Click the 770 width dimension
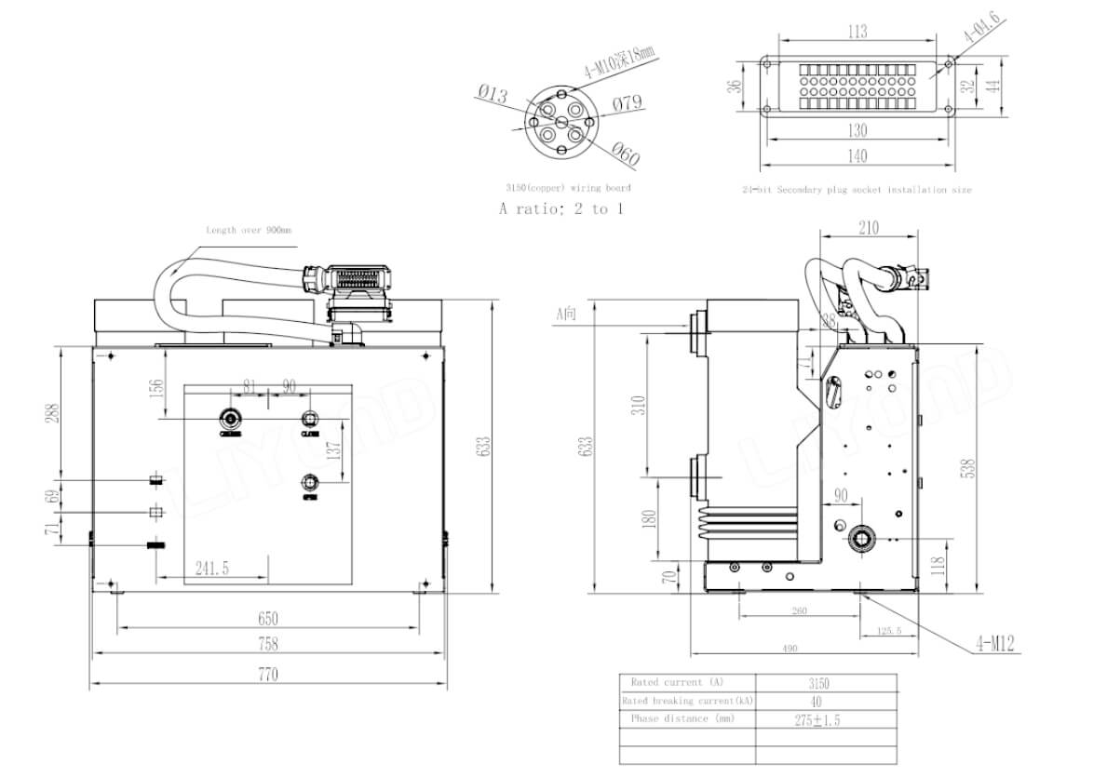[267, 675]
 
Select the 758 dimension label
[267, 644]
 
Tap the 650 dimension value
[267, 618]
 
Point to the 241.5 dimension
[213, 569]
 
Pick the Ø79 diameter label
[628, 102]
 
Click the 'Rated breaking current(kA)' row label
[687, 701]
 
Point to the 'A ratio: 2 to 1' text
[561, 208]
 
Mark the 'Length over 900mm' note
[242, 230]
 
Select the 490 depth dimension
[790, 649]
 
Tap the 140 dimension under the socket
[857, 156]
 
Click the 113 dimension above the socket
[857, 32]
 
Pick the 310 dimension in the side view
[637, 406]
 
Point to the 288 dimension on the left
[50, 413]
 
